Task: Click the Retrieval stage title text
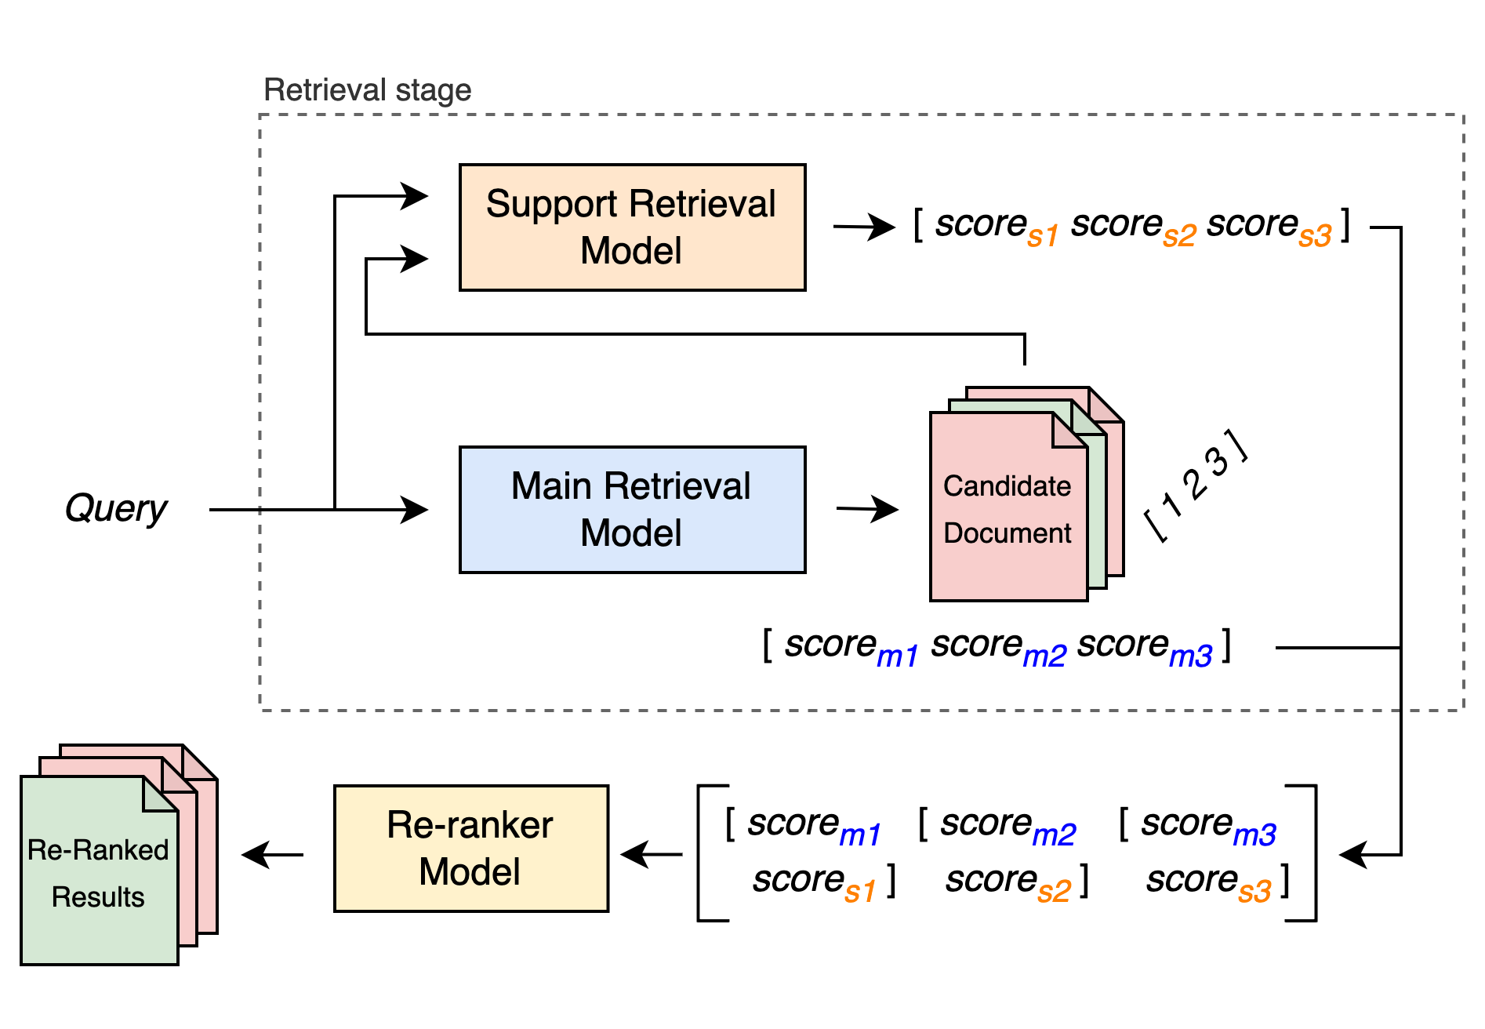click(x=367, y=90)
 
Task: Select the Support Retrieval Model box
click(x=632, y=227)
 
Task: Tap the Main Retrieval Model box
click(x=632, y=510)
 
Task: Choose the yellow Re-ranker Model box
click(x=470, y=849)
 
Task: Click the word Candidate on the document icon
click(x=1007, y=486)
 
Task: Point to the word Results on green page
click(x=98, y=897)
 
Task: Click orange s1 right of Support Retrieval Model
click(x=1043, y=236)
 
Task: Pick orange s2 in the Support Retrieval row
click(x=1179, y=236)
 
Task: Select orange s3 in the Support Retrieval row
click(x=1315, y=236)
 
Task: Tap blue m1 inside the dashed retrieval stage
click(x=897, y=656)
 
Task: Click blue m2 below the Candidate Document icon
click(x=1044, y=656)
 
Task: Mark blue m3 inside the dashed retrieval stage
click(x=1190, y=656)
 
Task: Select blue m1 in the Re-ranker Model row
click(x=859, y=835)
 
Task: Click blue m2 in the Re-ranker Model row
click(x=1054, y=835)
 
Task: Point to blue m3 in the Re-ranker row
click(x=1254, y=835)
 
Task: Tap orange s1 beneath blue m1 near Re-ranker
click(x=859, y=892)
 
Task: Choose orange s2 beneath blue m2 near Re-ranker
click(x=1054, y=892)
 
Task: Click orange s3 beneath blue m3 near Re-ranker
click(x=1254, y=892)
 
